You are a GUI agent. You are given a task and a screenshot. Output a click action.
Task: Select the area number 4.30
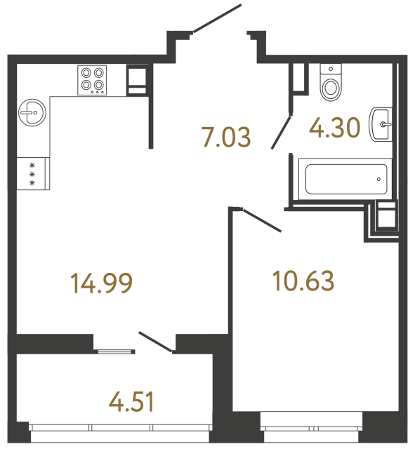(335, 128)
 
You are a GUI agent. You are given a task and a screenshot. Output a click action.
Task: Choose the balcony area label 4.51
(131, 402)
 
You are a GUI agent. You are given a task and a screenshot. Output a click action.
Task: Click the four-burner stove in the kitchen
(93, 79)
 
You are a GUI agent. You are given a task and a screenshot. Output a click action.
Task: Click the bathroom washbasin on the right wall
(381, 125)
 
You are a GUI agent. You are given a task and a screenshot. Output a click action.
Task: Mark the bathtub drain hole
(378, 179)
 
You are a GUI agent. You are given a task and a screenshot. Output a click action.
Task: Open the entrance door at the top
(217, 19)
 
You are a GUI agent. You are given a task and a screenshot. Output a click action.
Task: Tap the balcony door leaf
(156, 342)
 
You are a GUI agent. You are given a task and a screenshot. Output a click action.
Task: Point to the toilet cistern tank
(329, 69)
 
